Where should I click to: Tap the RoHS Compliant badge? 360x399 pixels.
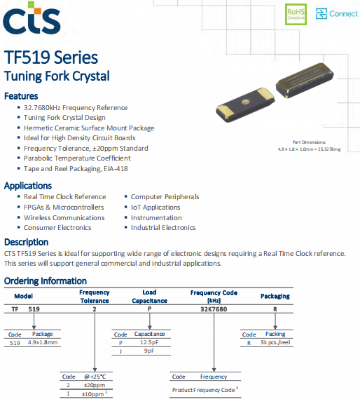[295, 13]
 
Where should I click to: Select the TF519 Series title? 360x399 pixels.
[51, 58]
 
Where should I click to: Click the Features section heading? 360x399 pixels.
[21, 96]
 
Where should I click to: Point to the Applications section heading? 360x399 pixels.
[28, 186]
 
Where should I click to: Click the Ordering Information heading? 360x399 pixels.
[46, 281]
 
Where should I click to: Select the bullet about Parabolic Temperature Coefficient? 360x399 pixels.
[77, 158]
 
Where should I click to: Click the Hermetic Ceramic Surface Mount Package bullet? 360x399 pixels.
[89, 128]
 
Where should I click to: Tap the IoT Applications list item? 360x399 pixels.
[155, 208]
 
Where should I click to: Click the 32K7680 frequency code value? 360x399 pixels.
[214, 309]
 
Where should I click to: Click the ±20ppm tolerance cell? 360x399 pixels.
[95, 385]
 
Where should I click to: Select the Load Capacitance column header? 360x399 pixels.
[149, 296]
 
